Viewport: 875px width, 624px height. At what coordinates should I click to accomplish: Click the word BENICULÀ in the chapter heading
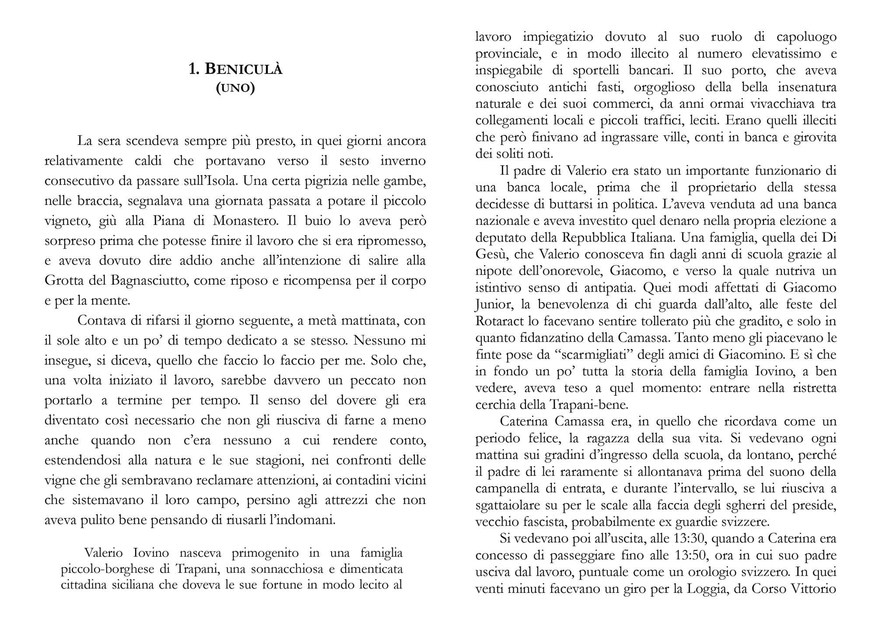point(244,69)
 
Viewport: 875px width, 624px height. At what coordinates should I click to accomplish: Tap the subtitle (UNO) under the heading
point(235,88)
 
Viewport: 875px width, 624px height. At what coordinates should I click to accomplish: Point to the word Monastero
point(245,220)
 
